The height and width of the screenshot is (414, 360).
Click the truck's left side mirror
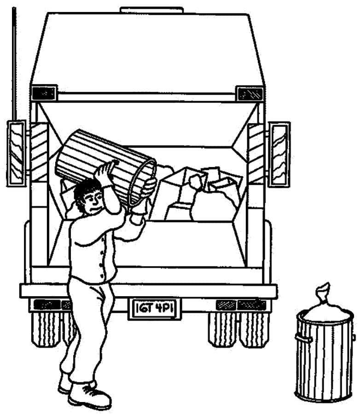pyautogui.click(x=16, y=154)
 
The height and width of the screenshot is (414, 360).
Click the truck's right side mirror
pyautogui.click(x=279, y=155)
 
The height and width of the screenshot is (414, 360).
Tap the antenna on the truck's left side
pyautogui.click(x=14, y=63)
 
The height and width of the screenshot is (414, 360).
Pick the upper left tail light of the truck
pyautogui.click(x=44, y=93)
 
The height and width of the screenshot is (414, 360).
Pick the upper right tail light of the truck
pyautogui.click(x=250, y=94)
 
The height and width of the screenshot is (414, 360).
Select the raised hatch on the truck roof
pyautogui.click(x=152, y=10)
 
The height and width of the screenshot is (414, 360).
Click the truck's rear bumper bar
pyautogui.click(x=149, y=291)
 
